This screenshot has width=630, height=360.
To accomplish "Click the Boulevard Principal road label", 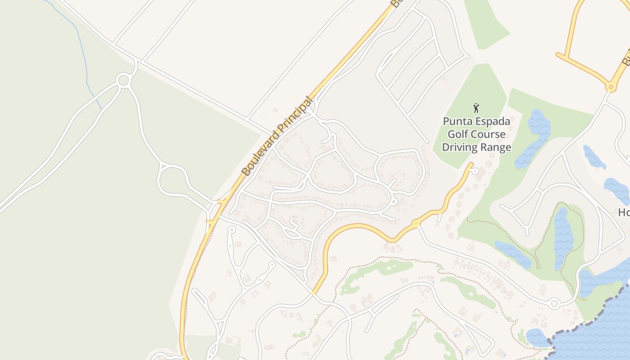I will tap(277, 136).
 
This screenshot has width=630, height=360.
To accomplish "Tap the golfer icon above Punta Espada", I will tap(476, 108).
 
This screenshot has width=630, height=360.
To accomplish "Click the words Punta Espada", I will tap(477, 121).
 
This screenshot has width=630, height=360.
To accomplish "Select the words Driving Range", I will tap(477, 147).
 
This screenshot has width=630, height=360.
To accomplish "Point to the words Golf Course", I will tap(477, 134).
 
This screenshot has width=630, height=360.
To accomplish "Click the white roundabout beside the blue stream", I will tap(123, 81).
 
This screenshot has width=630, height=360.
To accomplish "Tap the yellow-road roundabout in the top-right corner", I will tap(611, 87).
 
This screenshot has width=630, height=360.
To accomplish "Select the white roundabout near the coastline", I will tap(554, 304).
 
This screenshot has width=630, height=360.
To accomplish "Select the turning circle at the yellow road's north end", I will tap(475, 171).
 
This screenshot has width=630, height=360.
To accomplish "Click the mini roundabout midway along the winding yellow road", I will tap(415, 223).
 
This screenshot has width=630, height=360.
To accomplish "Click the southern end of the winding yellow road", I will tap(313, 292).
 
